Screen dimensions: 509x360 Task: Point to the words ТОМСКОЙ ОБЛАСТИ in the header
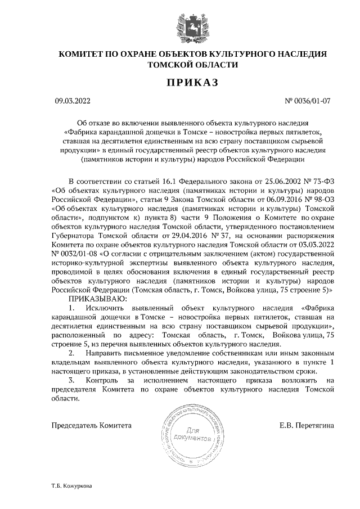pyautogui.click(x=192, y=65)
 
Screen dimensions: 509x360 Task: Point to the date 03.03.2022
pyautogui.click(x=315, y=245)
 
